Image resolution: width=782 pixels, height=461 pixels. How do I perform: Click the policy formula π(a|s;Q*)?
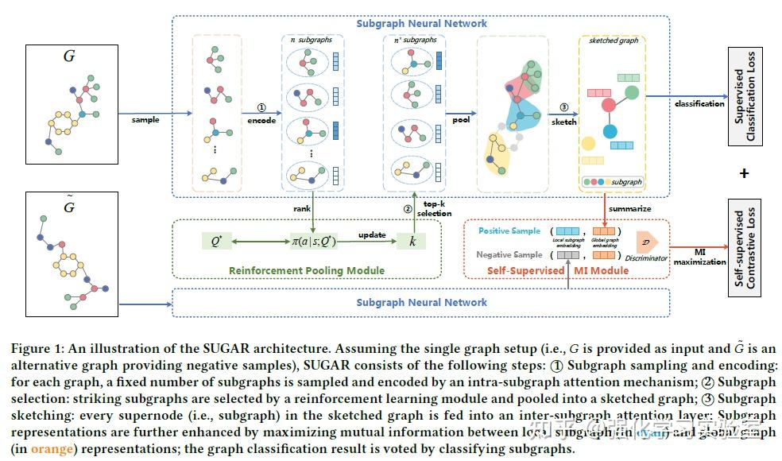click(312, 239)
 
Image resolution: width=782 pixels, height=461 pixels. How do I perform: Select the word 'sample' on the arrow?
click(145, 120)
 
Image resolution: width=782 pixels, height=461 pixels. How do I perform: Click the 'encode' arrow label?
click(261, 121)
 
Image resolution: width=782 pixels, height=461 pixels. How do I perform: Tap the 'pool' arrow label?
click(461, 120)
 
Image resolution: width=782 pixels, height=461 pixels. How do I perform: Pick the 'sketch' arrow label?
click(564, 122)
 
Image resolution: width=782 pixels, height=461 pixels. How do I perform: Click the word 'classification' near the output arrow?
click(699, 103)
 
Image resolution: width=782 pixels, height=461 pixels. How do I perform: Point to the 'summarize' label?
click(630, 209)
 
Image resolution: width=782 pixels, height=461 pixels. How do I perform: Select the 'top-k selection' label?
click(434, 208)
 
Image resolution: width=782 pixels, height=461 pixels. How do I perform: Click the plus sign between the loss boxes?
click(744, 173)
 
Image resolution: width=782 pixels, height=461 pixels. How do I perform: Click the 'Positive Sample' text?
click(509, 230)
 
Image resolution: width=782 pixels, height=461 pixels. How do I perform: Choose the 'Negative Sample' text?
click(509, 254)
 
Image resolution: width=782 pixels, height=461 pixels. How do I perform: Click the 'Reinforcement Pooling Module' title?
click(307, 270)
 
